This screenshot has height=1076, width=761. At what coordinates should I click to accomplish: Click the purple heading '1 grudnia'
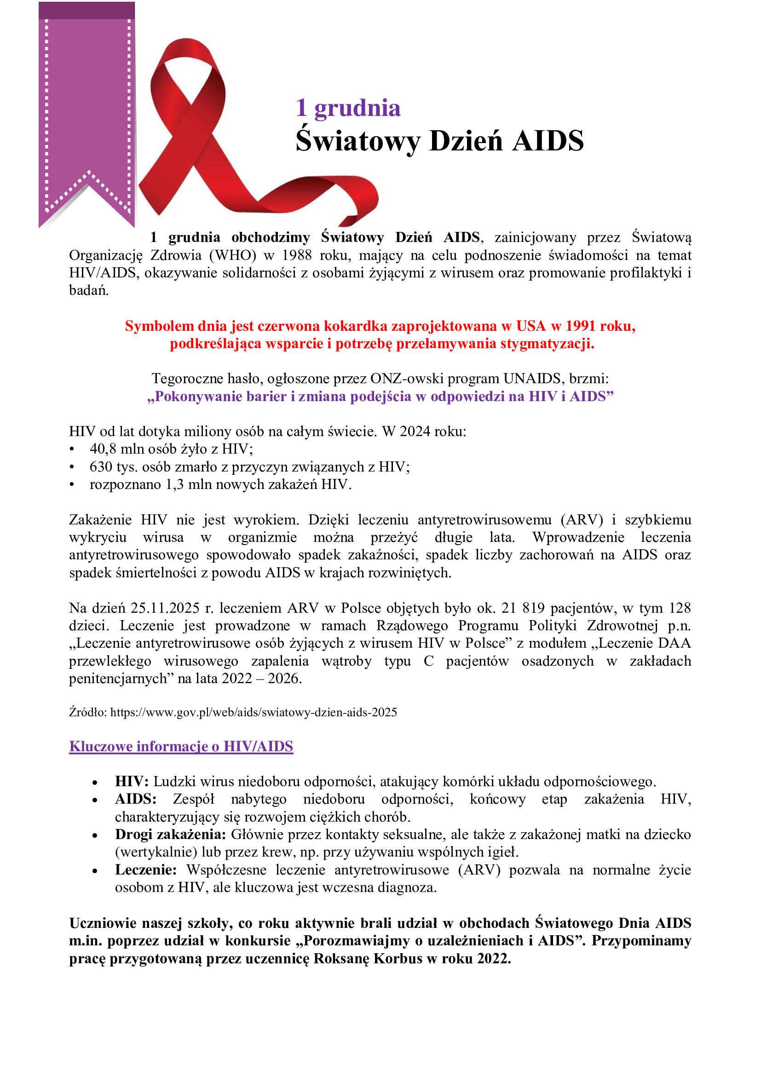tap(348, 108)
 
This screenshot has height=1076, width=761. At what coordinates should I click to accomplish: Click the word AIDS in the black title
tap(548, 141)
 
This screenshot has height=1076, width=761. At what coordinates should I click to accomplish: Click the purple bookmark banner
tap(86, 103)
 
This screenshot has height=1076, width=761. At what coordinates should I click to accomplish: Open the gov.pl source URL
tap(254, 712)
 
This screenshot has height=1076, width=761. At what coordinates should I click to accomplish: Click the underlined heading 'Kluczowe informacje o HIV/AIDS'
tap(181, 746)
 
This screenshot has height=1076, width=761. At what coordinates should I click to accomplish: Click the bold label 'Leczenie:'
tap(146, 870)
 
